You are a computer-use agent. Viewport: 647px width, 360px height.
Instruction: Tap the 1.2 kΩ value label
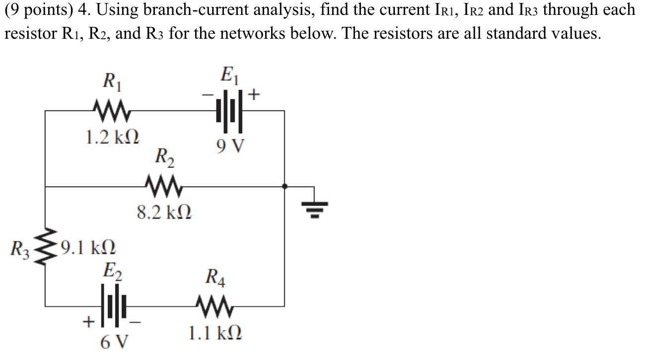pos(112,137)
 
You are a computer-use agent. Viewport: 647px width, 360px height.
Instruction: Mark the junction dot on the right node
pos(284,187)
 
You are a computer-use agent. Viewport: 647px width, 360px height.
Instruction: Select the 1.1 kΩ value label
pos(216,333)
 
